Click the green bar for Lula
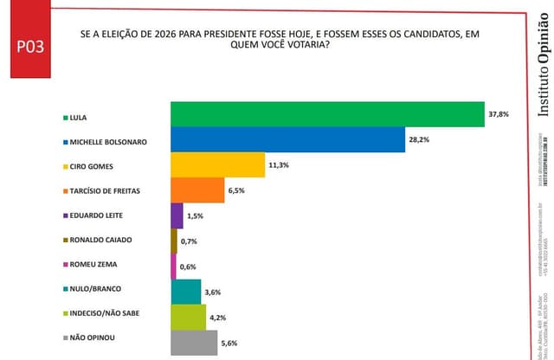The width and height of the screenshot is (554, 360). coord(326,114)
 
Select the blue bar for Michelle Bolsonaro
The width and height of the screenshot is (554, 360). coord(287,139)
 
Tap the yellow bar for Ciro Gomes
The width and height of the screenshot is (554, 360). coord(217,164)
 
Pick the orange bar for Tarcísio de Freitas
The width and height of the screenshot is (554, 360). coord(197,190)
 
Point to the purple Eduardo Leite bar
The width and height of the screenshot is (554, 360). coord(177,215)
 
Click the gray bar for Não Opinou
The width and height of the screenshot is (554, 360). coord(194,344)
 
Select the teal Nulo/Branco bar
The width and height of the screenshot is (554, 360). coord(186,292)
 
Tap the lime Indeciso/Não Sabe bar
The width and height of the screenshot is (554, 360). coord(188,318)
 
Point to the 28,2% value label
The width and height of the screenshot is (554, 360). coord(419,139)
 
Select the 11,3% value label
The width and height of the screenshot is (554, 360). coord(279,164)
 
